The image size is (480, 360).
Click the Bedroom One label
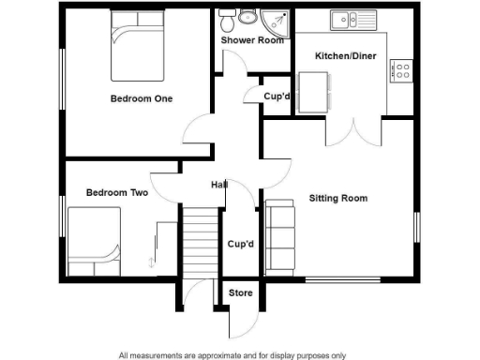142,98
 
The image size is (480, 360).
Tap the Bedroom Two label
117,193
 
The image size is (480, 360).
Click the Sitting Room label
338,199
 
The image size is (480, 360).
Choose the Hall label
219,184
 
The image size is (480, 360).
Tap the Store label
242,293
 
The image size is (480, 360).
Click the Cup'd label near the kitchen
276,97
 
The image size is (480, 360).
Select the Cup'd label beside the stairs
242,245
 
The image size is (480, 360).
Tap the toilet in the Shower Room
247,17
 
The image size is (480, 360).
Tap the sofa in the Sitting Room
279,234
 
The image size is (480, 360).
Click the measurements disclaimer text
232,355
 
